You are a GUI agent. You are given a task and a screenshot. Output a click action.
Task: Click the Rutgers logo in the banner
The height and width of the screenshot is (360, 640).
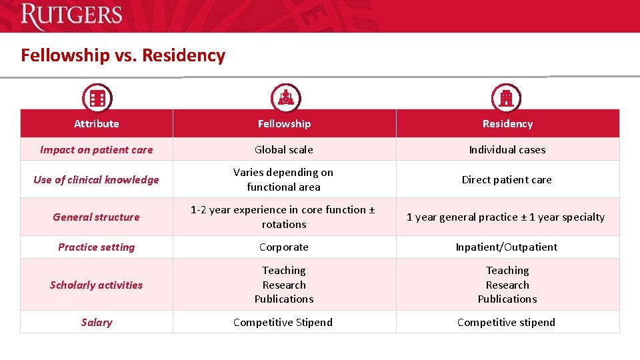71,16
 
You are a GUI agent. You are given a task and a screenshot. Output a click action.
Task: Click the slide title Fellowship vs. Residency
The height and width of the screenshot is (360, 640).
123,55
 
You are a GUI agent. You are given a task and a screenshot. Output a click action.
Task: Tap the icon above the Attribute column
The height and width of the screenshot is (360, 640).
97,99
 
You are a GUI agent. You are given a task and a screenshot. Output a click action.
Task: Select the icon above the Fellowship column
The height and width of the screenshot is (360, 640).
285,99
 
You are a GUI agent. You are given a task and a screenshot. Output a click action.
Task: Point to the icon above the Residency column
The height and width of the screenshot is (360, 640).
506,99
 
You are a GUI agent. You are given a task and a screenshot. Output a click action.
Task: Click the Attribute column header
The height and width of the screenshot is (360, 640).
97,124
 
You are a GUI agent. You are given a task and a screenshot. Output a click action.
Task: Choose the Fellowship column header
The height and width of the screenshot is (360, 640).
284,124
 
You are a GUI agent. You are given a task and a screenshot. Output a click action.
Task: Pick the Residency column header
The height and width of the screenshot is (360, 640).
507,124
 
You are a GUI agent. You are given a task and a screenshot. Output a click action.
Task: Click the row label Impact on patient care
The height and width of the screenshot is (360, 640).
97,150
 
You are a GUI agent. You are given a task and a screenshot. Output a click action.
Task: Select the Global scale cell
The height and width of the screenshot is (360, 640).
284,150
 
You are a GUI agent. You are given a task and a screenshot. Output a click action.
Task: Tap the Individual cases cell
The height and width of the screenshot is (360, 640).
507,150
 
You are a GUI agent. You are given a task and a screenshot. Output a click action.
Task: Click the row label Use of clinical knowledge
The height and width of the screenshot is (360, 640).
97,180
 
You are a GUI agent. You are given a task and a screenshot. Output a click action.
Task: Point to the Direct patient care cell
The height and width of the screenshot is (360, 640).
507,180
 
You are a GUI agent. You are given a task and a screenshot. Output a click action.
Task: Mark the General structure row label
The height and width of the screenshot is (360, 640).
97,217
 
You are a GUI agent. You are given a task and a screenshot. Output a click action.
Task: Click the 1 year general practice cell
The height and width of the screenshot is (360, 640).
506,217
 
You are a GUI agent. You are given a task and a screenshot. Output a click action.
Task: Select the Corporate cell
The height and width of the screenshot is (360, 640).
284,247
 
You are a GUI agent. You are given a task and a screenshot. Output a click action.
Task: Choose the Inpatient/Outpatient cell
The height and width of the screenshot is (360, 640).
507,247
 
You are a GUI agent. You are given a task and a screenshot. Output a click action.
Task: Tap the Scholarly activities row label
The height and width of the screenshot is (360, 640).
97,285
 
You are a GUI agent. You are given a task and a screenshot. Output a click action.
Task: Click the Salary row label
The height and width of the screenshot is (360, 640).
97,323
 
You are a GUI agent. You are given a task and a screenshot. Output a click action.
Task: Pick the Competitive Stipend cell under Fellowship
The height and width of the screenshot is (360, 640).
283,323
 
